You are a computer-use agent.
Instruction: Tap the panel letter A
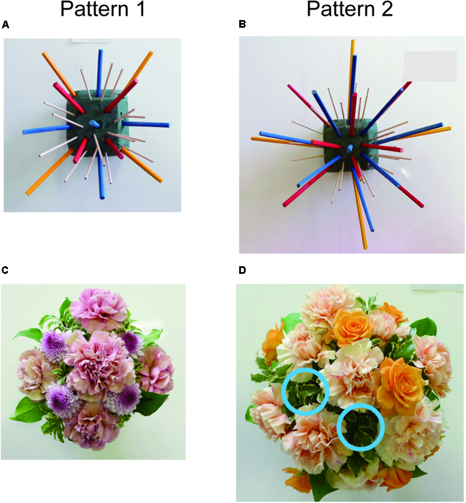[x=6, y=25]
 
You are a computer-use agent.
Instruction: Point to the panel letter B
[x=242, y=25]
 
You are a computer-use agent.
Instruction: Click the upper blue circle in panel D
[x=305, y=392]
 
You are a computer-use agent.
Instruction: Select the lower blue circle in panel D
[x=361, y=428]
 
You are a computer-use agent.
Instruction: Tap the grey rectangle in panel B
[x=430, y=66]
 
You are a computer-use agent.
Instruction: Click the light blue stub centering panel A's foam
[x=96, y=124]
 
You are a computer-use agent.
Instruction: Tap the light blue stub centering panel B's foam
[x=350, y=148]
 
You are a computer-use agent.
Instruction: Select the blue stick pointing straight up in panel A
[x=100, y=68]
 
